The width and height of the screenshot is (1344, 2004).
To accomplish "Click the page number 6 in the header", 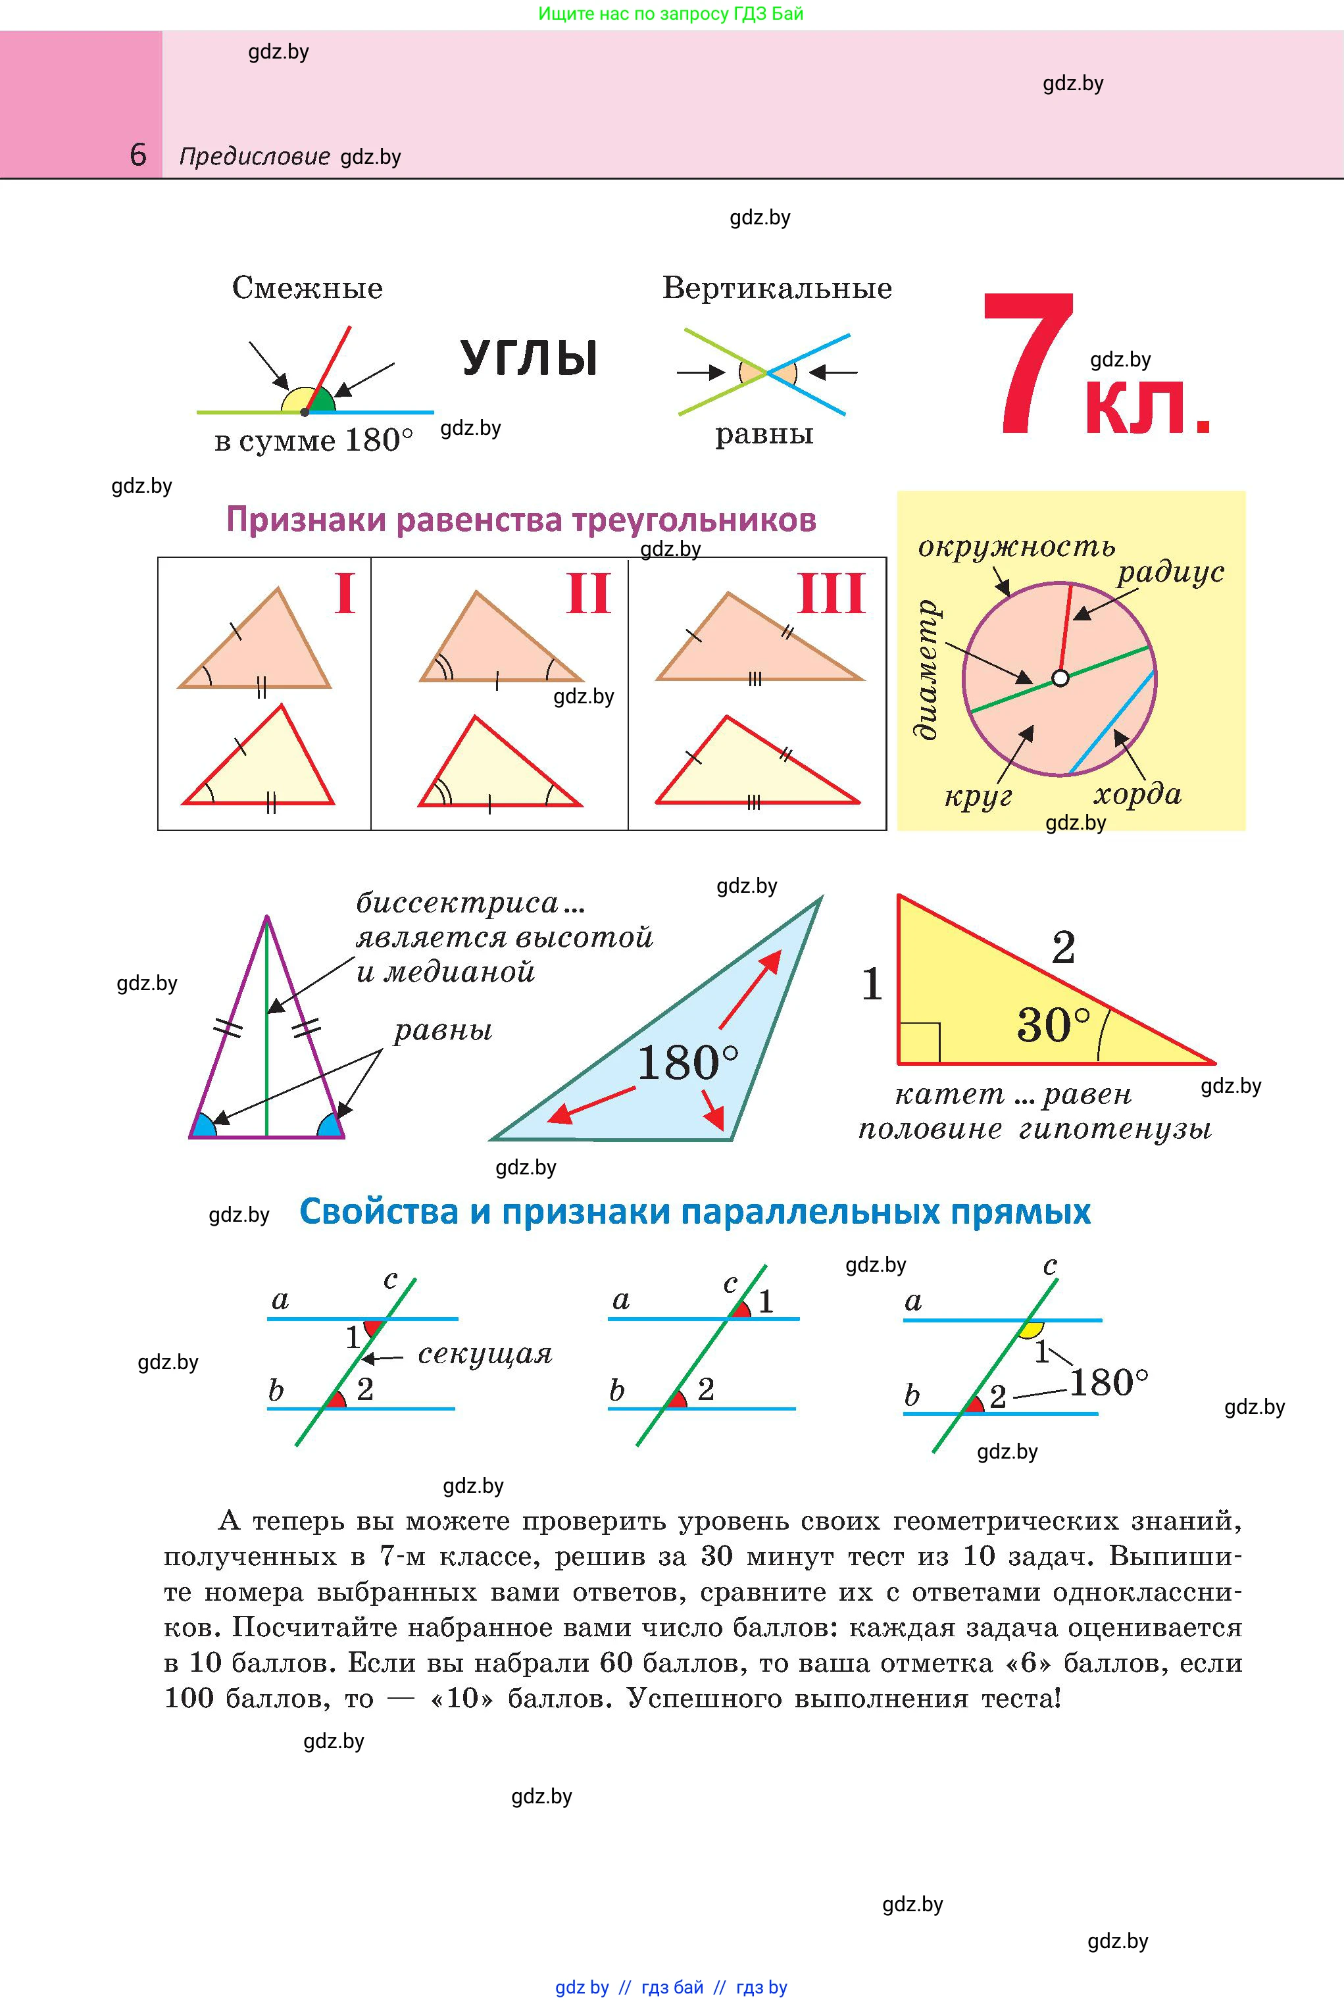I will (x=138, y=155).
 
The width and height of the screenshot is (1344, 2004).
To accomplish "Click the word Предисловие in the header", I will (x=255, y=157).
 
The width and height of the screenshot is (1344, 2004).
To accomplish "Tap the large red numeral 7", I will (x=1030, y=364).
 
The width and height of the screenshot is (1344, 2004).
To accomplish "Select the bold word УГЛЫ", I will (x=529, y=359).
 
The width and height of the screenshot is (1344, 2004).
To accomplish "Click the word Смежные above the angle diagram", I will (x=307, y=288).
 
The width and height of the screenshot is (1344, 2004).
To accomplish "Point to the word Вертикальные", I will (x=776, y=288).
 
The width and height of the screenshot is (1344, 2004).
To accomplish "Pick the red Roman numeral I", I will (x=345, y=593).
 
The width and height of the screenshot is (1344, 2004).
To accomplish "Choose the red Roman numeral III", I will (x=831, y=593).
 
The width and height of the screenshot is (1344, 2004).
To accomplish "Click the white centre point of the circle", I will (x=1060, y=678).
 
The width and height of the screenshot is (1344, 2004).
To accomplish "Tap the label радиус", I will (x=1170, y=572).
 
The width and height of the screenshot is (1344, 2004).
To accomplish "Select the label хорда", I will (x=1137, y=795).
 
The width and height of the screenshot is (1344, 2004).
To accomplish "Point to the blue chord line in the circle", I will (x=1112, y=722).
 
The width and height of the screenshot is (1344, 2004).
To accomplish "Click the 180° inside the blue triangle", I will (x=687, y=1064).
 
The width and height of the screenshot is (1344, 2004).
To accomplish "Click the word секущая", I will (x=485, y=1354).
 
